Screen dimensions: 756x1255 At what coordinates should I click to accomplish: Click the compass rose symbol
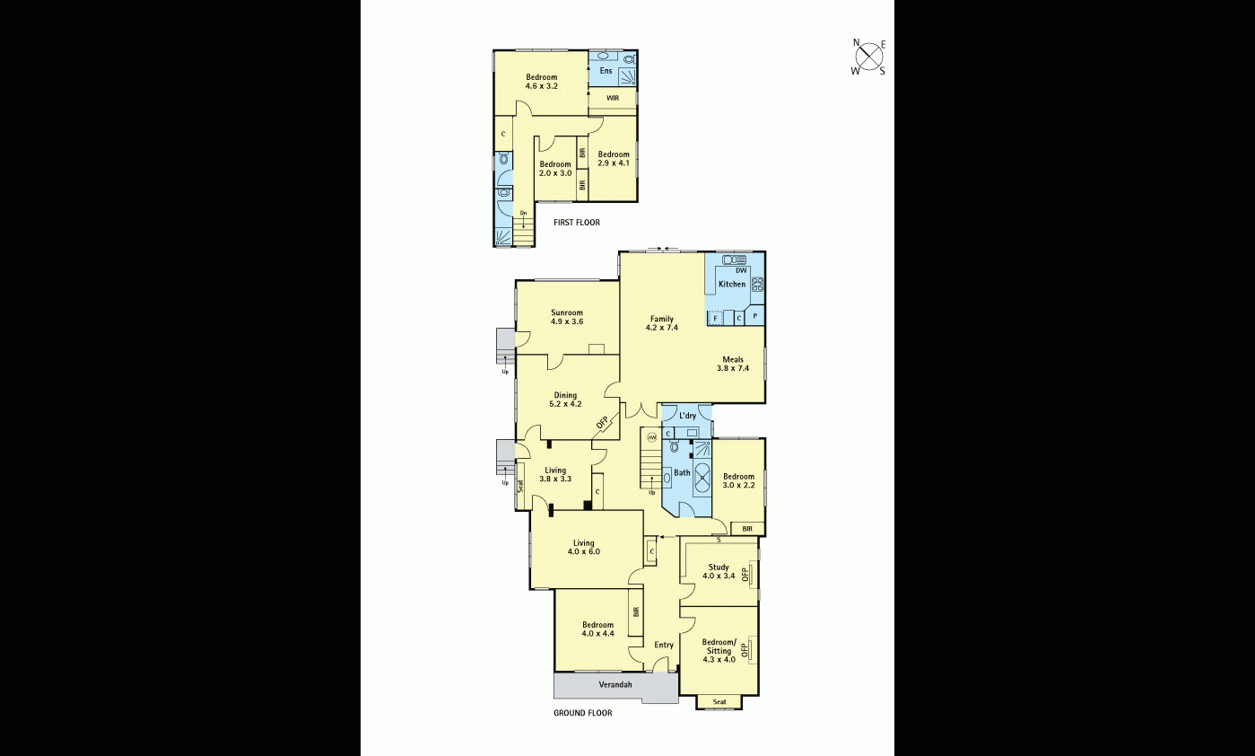868,57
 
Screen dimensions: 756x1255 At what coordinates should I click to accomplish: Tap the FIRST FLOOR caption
577,223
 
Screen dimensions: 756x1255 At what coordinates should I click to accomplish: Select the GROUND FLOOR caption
583,713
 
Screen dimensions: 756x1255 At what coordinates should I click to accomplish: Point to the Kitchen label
732,285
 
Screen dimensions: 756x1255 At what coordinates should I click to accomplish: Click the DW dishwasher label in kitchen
741,270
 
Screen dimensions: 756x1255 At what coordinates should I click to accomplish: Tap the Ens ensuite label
606,71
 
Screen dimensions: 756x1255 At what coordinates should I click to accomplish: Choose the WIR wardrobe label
613,98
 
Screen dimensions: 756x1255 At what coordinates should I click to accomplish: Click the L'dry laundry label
687,416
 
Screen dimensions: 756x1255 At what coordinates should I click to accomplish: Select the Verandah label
615,685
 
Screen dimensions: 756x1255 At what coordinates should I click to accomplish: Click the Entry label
664,645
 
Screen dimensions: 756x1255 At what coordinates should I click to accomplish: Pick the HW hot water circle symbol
652,437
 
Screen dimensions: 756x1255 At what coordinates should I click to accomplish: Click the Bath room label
683,472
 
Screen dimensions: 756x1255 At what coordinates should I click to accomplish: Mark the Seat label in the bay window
719,701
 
